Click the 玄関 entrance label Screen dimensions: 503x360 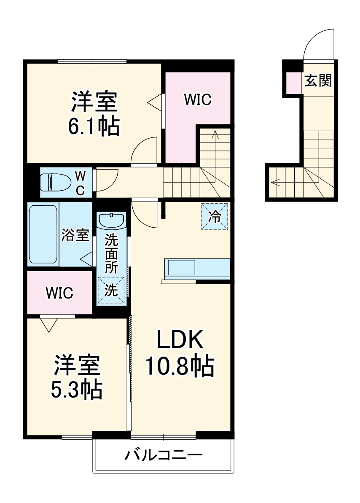318,80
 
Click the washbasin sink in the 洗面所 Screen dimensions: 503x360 111,220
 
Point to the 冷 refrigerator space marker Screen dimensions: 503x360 215,217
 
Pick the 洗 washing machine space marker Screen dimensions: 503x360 111,291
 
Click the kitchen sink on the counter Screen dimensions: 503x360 182,267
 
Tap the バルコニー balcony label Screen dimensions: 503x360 164,455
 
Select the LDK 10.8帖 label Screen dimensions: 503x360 180,353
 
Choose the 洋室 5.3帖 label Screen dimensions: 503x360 77,377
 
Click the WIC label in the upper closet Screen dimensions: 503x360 197,100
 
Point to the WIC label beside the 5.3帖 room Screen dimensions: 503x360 59,293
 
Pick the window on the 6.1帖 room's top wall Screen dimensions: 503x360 92,61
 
